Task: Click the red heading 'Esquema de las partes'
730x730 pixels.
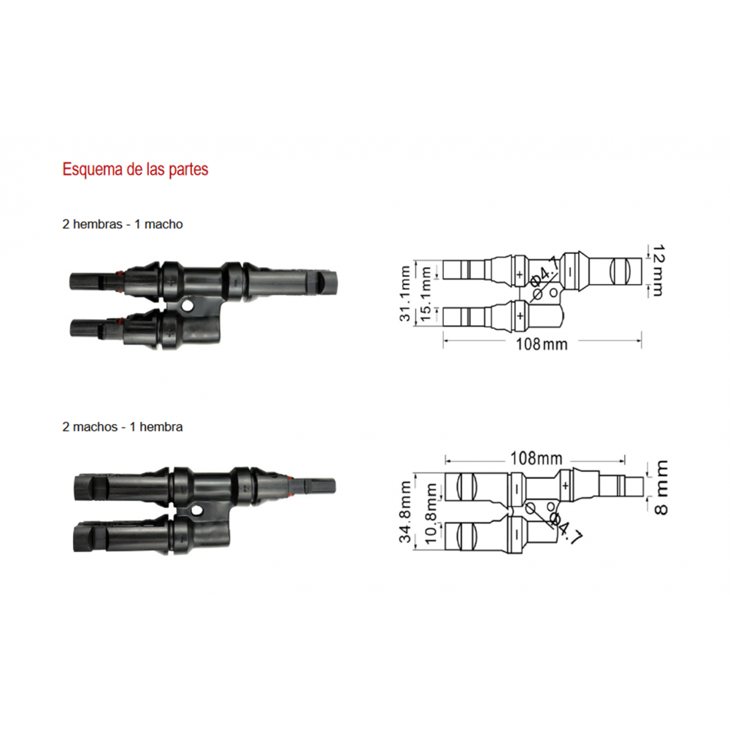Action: (135, 169)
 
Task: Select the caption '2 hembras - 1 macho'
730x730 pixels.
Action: (123, 224)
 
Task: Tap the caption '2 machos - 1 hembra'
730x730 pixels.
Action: (123, 427)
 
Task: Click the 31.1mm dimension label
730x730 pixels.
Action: (405, 293)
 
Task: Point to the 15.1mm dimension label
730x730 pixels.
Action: (426, 293)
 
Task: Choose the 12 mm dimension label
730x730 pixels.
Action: (658, 271)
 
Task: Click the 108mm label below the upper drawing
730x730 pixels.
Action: (542, 345)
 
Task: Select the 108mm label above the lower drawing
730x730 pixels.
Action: (537, 458)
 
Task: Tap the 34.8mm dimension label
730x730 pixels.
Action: (405, 512)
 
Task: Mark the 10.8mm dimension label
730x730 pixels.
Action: (431, 513)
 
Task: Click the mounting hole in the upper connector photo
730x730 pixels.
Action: (188, 306)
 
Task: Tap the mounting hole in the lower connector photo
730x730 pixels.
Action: (197, 511)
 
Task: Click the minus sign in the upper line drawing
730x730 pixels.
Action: (570, 272)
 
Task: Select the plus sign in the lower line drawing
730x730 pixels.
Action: (565, 486)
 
